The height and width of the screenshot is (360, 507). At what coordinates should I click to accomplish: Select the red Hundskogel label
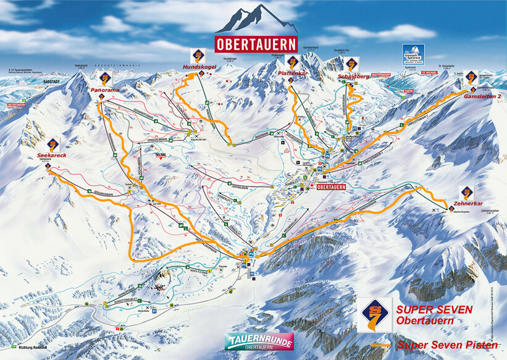(199, 66)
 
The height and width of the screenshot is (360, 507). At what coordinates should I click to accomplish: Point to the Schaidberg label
(353, 76)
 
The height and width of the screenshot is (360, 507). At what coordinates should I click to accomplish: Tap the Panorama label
(106, 90)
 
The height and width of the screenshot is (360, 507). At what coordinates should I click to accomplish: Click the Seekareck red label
(51, 155)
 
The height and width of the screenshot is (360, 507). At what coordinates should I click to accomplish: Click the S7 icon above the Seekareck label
(53, 144)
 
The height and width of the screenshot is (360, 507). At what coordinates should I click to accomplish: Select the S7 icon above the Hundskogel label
(198, 55)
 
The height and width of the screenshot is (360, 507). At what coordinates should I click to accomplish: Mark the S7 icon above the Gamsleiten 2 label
(471, 77)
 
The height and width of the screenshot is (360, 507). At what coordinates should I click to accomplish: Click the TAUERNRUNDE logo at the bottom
(259, 341)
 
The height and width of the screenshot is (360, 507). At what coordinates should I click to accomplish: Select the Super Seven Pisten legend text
(448, 345)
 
